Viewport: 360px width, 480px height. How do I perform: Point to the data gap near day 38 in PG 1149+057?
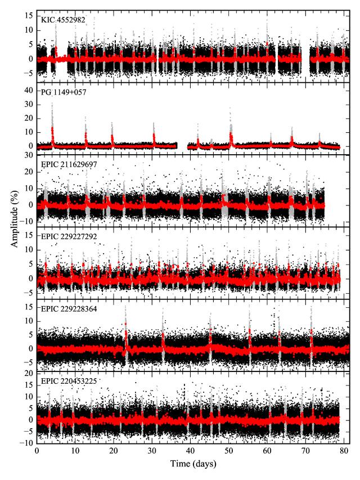[182, 145]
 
